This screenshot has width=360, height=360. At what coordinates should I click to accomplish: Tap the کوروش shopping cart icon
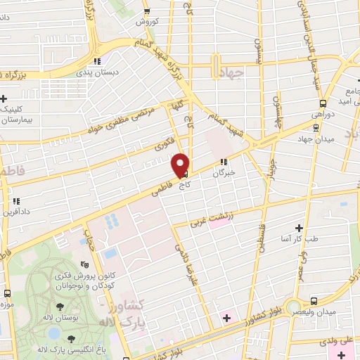point(146,11)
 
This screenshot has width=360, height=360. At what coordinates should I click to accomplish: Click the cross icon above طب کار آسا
point(299,227)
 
